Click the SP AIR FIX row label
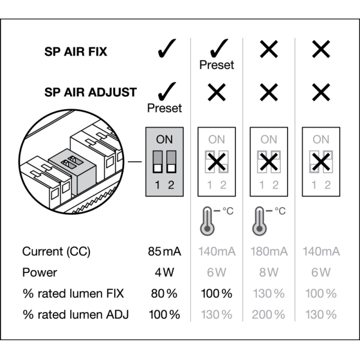click(x=76, y=52)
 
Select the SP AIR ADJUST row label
click(x=91, y=92)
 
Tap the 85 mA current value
click(x=164, y=251)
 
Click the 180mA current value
click(x=269, y=251)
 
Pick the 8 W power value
click(x=269, y=272)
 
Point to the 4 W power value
click(x=164, y=272)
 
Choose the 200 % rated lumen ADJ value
click(x=269, y=314)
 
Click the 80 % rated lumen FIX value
click(x=164, y=293)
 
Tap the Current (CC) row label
click(x=56, y=251)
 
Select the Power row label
click(x=40, y=272)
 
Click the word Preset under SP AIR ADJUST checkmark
click(x=164, y=109)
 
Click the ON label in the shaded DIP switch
click(x=164, y=139)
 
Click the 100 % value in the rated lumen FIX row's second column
click(x=217, y=293)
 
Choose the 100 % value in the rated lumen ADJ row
click(x=164, y=314)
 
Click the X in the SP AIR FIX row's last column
click(x=321, y=50)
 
